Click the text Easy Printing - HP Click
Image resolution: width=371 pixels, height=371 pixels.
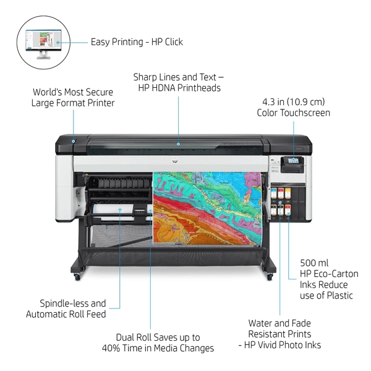point(137,42)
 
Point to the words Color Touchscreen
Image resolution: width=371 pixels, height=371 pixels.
point(294,113)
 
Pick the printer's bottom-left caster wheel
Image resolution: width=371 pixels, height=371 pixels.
point(77,276)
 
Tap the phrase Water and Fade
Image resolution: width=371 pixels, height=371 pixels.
point(279,323)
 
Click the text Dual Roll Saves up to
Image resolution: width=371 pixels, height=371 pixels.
point(158,337)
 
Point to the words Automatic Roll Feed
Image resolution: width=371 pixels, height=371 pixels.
point(66,314)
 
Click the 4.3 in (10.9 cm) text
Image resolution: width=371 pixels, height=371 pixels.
point(294,101)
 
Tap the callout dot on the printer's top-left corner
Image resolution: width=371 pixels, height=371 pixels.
point(74,141)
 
